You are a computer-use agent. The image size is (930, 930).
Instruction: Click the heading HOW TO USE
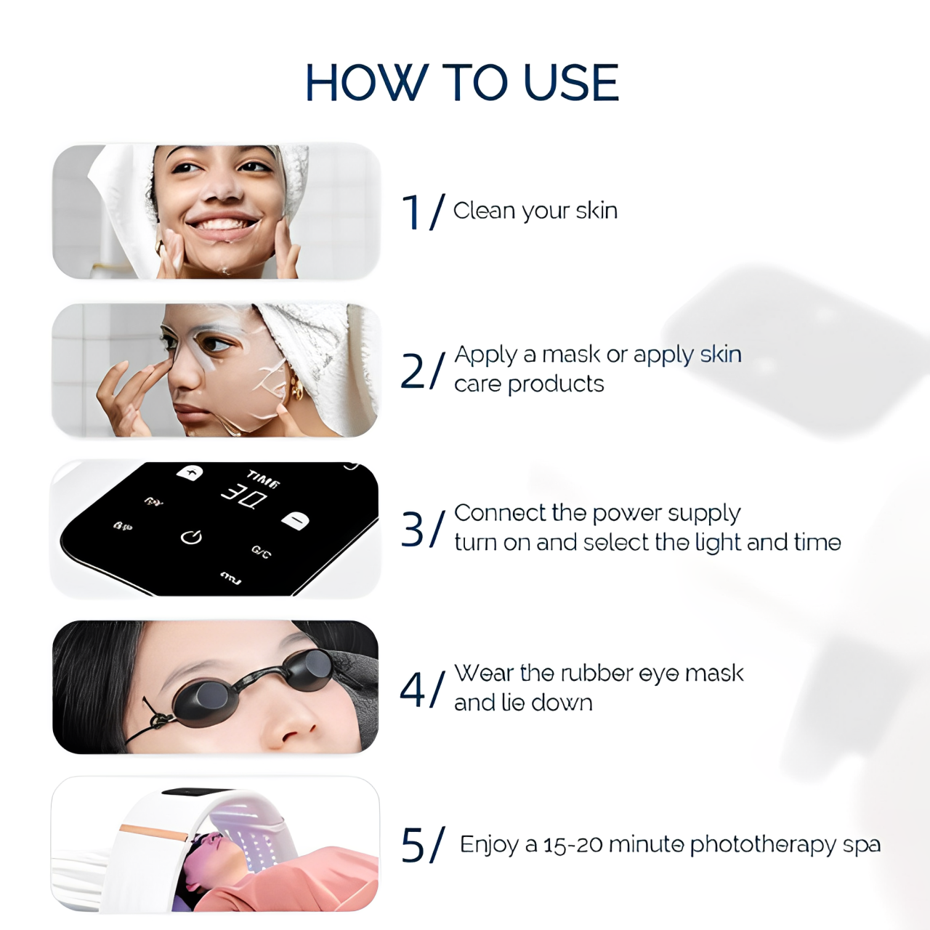pyautogui.click(x=462, y=82)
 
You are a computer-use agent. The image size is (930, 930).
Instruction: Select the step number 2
pyautogui.click(x=413, y=371)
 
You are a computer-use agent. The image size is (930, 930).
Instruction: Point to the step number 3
pyautogui.click(x=413, y=529)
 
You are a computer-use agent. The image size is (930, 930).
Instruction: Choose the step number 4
pyautogui.click(x=413, y=689)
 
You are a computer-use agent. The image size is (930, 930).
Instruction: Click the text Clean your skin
pyautogui.click(x=535, y=211)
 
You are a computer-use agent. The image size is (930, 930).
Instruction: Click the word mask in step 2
pyautogui.click(x=571, y=355)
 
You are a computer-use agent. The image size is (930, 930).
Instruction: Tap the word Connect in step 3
pyautogui.click(x=500, y=513)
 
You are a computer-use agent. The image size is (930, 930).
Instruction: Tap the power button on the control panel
pyautogui.click(x=191, y=537)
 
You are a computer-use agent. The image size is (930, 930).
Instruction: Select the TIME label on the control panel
pyautogui.click(x=263, y=479)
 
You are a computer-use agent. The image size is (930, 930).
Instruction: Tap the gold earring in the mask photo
pyautogui.click(x=296, y=391)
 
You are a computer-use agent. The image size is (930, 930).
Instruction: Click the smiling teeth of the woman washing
pyautogui.click(x=222, y=224)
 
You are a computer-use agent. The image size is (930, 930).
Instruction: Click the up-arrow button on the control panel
pyautogui.click(x=190, y=473)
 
